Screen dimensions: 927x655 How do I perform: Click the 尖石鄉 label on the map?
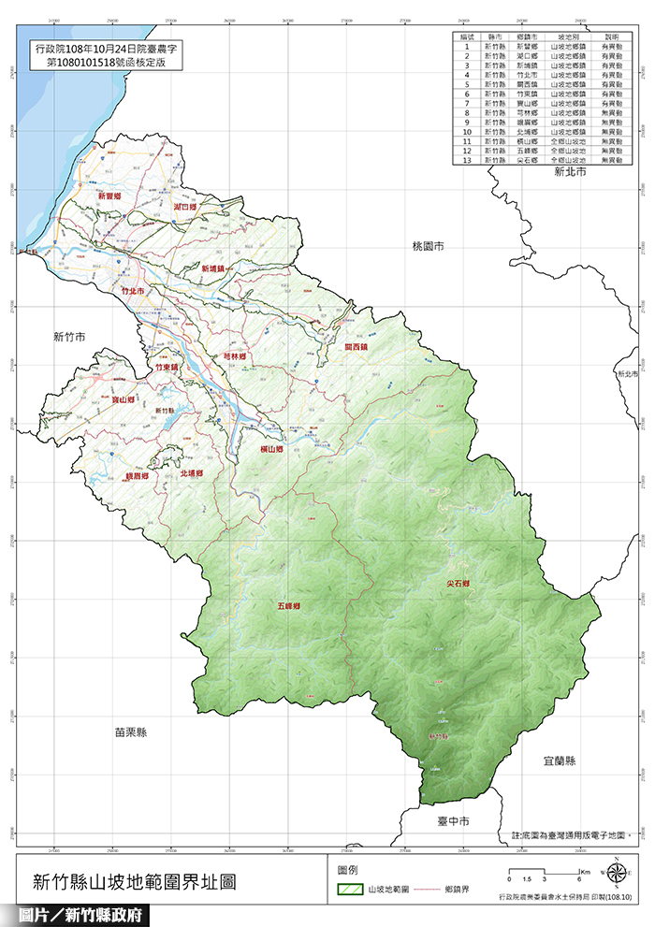pos(458,584)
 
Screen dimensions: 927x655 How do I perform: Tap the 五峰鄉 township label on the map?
pos(289,606)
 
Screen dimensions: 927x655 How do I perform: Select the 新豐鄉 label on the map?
pos(110,196)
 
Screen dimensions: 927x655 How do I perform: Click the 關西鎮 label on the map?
pos(357,347)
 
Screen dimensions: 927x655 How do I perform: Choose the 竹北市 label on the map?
pos(135,293)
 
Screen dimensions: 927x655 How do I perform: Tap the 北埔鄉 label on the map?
pos(192,473)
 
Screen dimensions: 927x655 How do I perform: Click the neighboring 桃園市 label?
pos(428,245)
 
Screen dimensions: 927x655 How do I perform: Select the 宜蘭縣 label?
pos(558,760)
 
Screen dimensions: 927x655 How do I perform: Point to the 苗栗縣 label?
pos(129,732)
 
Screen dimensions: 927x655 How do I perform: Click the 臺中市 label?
pos(453,820)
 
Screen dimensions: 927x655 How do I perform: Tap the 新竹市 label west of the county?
pos(68,336)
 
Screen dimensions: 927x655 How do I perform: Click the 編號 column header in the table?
pos(462,36)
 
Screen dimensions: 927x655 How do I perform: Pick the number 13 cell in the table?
pos(462,161)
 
